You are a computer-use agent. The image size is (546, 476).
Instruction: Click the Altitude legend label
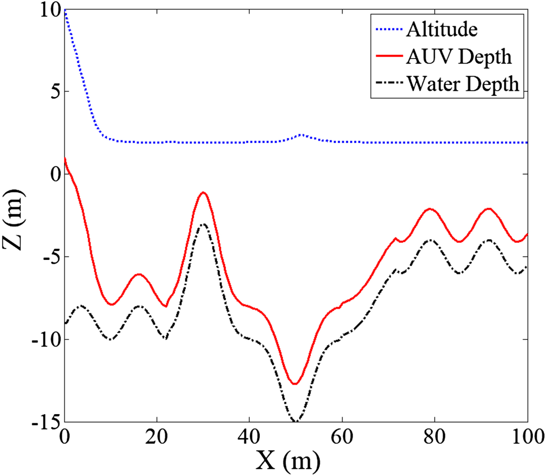(442, 29)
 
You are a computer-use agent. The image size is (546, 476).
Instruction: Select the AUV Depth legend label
(459, 56)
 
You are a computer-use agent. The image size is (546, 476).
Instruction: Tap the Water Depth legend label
(463, 84)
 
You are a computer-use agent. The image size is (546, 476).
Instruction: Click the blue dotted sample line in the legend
(389, 29)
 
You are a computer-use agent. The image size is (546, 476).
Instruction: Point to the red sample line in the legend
(389, 56)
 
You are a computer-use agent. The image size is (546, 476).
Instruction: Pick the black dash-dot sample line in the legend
(389, 83)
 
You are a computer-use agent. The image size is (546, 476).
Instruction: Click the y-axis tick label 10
(51, 10)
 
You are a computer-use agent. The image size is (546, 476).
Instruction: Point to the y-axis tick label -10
(46, 339)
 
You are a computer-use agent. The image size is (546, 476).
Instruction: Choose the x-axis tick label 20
(156, 437)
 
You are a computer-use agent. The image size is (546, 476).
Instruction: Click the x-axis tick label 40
(249, 437)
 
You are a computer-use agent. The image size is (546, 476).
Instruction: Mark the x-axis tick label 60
(342, 437)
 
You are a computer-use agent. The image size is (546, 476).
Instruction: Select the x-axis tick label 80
(434, 437)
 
